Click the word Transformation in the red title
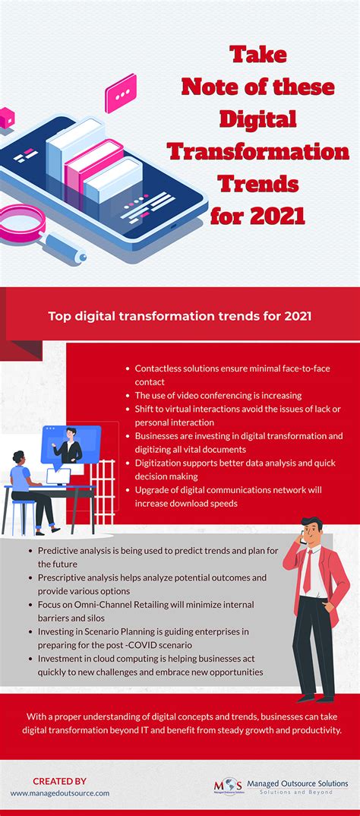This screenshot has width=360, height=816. pos(258,151)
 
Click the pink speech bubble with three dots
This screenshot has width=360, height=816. pos(121,94)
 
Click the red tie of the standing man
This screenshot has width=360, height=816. pos(307,572)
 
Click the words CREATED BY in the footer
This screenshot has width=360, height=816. pos(59,781)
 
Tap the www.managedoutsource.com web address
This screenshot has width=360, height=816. pos(59,793)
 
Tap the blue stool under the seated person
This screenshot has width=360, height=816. pos(23,513)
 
